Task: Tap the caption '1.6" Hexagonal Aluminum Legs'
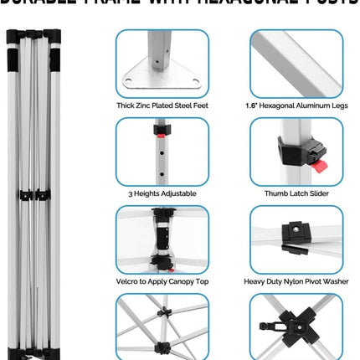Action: point(296,105)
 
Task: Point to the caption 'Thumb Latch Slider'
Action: point(296,193)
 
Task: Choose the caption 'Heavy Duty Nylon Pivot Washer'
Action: point(296,281)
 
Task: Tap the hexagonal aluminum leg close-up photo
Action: point(296,63)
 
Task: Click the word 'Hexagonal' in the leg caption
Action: point(291,105)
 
